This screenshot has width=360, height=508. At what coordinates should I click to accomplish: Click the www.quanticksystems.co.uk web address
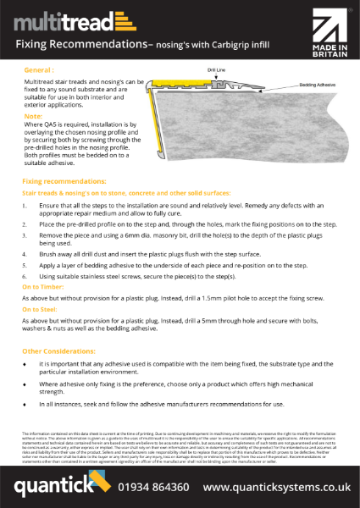coord(276,489)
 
